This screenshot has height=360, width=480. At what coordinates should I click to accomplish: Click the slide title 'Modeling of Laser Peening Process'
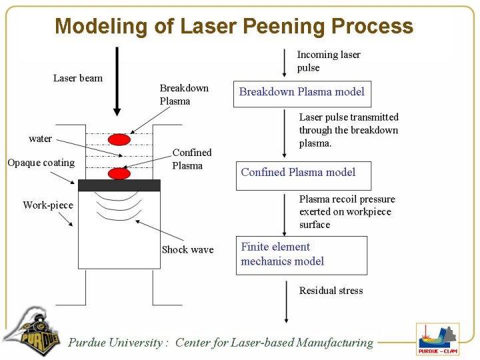pos(234,26)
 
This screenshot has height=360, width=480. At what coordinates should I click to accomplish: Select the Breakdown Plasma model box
pos(301,93)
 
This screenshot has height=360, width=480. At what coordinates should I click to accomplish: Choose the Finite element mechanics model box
pos(301,255)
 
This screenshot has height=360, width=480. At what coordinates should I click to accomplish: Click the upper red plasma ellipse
pos(119,140)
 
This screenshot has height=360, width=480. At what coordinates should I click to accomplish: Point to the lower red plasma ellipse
pos(119,173)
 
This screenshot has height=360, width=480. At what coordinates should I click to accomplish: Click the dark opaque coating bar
pos(119,185)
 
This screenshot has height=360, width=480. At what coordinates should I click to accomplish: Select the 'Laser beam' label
pos(78,78)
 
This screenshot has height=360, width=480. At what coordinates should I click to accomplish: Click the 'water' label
pos(40,139)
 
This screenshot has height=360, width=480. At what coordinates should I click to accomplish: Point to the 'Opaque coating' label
pos(41,163)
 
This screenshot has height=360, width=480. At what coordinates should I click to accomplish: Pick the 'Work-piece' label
pos(48,205)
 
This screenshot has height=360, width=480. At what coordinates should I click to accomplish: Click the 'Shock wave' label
pos(187,249)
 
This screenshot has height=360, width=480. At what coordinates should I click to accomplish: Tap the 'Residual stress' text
pos(331,291)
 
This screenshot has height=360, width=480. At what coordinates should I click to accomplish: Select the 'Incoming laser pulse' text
pos(328,61)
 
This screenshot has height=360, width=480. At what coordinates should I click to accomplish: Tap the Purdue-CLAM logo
pos(437,339)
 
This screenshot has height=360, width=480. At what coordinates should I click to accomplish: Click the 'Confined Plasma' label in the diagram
pos(191,159)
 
